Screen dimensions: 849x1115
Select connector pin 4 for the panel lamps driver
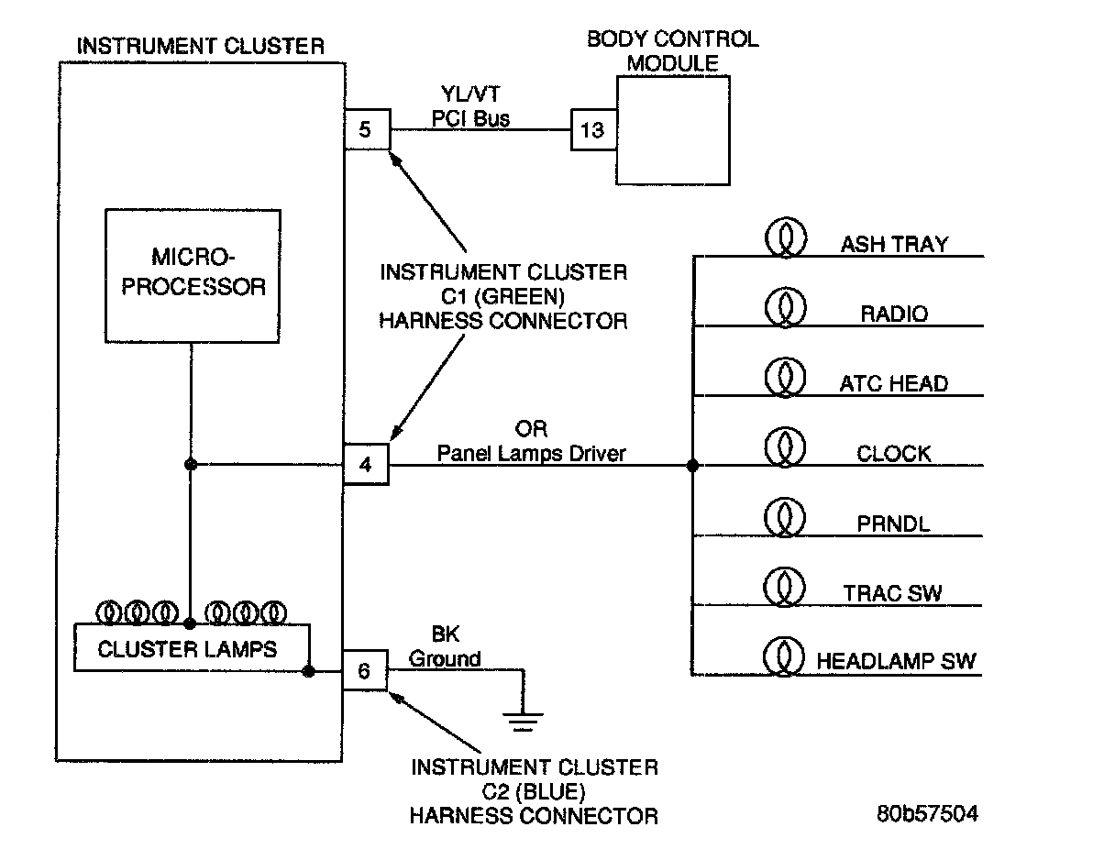[366, 465]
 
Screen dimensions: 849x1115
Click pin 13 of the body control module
[593, 130]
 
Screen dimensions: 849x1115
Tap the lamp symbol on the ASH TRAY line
[784, 239]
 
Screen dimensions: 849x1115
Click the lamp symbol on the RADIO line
[784, 309]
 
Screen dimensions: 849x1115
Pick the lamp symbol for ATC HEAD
[784, 379]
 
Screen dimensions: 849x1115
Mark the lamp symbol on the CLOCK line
[784, 448]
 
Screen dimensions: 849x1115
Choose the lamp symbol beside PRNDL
[784, 518]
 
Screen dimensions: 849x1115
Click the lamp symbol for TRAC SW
[784, 588]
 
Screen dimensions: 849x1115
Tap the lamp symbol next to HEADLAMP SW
[784, 657]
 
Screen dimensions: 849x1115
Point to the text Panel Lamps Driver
[531, 452]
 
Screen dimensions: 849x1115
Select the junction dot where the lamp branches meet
[692, 466]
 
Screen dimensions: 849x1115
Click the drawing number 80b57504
[926, 813]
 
